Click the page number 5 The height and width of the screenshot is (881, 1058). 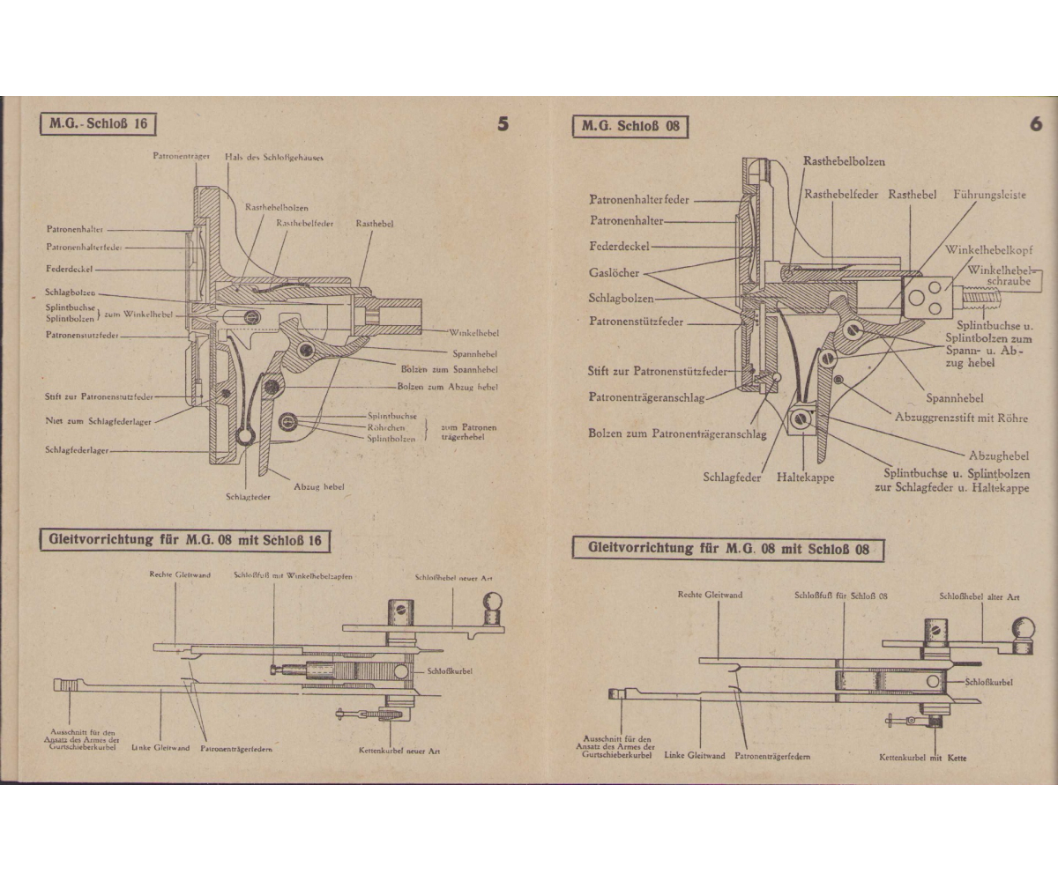503,124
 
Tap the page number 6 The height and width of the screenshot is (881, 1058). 1035,124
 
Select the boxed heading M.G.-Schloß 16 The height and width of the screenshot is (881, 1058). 98,123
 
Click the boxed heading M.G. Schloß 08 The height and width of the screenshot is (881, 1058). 630,126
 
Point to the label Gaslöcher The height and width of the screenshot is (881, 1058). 615,273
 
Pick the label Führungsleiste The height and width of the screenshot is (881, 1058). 989,195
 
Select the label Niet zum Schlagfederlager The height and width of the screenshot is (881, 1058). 98,422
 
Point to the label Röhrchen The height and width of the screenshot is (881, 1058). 386,426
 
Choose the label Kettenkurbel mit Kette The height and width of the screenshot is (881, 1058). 923,758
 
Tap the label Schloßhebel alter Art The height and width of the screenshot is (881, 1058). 980,596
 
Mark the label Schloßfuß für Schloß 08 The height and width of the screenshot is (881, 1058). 840,596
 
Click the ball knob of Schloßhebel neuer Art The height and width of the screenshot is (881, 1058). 490,604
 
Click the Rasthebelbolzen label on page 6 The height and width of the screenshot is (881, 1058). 844,161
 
